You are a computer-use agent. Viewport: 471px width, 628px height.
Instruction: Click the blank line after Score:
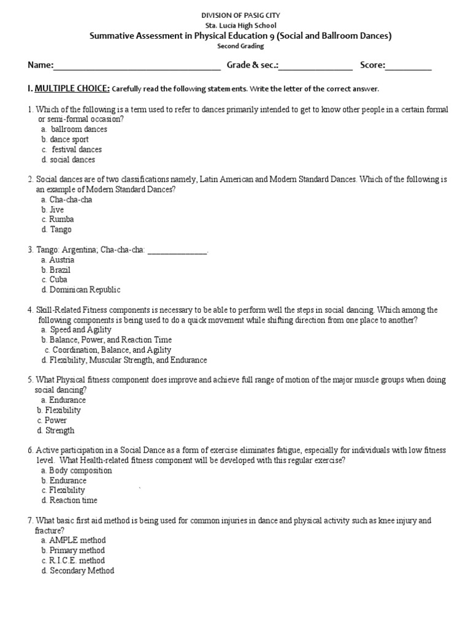click(x=408, y=66)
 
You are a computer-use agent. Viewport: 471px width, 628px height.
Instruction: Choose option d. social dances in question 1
click(x=68, y=159)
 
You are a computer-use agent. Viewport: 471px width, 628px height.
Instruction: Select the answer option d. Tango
click(x=56, y=229)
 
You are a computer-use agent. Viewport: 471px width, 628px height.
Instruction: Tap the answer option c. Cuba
click(x=55, y=280)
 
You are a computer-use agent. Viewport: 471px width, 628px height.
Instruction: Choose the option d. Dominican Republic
click(x=81, y=289)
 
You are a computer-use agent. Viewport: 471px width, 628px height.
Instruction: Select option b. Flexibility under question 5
click(x=59, y=410)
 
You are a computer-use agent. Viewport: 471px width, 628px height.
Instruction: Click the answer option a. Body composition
click(x=77, y=470)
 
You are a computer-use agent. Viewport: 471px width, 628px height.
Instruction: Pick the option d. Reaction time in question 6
click(x=69, y=500)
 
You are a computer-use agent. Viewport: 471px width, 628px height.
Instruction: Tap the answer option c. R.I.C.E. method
click(x=73, y=561)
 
